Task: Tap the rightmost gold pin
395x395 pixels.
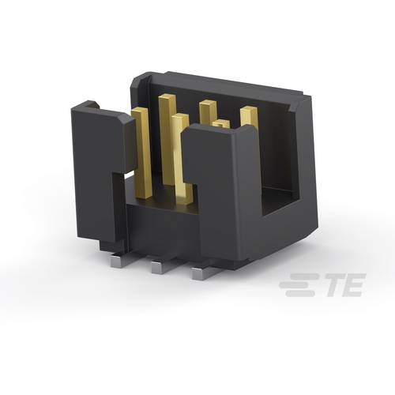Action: pyautogui.click(x=250, y=118)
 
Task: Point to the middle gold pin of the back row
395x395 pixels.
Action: pyautogui.click(x=208, y=111)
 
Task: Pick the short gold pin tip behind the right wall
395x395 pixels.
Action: pyautogui.click(x=222, y=123)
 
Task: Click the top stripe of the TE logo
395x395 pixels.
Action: pyautogui.click(x=299, y=276)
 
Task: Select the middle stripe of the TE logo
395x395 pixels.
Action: pyautogui.click(x=295, y=285)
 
